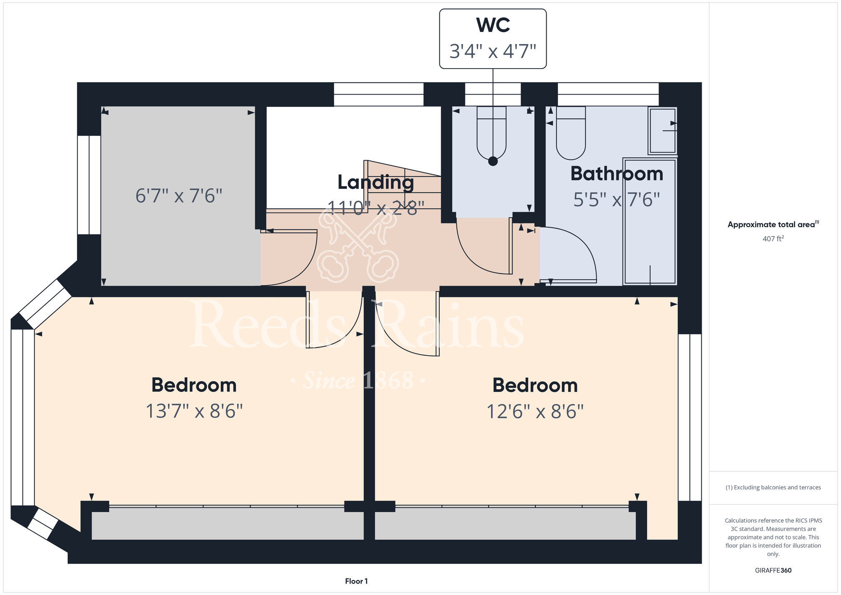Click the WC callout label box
coord(493,39)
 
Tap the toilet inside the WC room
coord(492,133)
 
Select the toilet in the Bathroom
coord(571,133)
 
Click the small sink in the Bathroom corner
coord(663,130)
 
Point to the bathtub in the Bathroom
coord(650,221)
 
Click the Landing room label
coord(376,183)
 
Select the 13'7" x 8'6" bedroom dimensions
coord(194,411)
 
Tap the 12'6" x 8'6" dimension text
coord(535,412)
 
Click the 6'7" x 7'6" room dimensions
coord(179,196)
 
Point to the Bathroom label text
coord(617,174)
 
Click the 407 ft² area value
coord(773,239)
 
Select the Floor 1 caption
coord(356,581)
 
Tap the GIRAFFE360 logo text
coord(773,571)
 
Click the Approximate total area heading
coord(773,224)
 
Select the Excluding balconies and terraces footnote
coord(773,487)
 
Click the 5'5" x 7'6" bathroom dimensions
coord(617,200)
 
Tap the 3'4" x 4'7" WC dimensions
coord(493,51)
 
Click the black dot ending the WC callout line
coord(493,161)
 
